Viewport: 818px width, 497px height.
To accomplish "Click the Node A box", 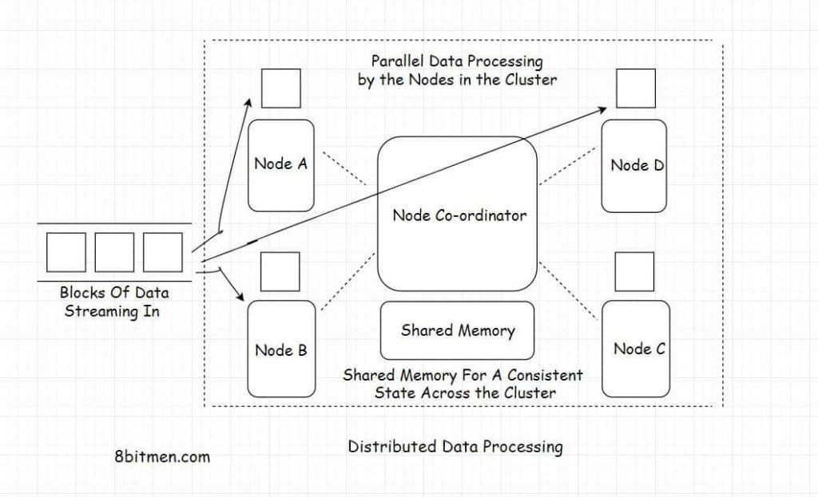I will pyautogui.click(x=280, y=165).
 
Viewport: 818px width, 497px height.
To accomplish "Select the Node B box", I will pyautogui.click(x=280, y=349).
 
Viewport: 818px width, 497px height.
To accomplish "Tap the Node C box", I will pyautogui.click(x=634, y=349).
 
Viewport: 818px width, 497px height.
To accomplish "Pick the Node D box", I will pyautogui.click(x=633, y=166).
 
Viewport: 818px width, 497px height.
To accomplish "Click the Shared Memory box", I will pyautogui.click(x=457, y=330).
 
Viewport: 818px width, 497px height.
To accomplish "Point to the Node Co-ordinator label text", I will pyautogui.click(x=459, y=215).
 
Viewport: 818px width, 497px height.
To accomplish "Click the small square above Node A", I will pyautogui.click(x=280, y=89).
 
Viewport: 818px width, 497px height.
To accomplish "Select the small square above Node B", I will pyautogui.click(x=280, y=272).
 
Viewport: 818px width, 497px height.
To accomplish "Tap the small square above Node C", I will pyautogui.click(x=634, y=272).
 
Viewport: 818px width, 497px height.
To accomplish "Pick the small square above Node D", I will pyautogui.click(x=636, y=89).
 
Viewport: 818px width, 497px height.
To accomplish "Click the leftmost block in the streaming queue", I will pyautogui.click(x=66, y=253).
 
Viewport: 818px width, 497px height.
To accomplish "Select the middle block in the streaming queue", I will pyautogui.click(x=114, y=253).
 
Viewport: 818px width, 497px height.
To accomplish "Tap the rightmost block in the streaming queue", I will pyautogui.click(x=163, y=253).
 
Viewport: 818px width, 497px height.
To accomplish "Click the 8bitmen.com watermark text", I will pyautogui.click(x=163, y=457).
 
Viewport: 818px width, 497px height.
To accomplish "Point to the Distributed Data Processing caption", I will pyautogui.click(x=455, y=447).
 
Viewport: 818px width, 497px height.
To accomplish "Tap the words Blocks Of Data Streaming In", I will pyautogui.click(x=114, y=302).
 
